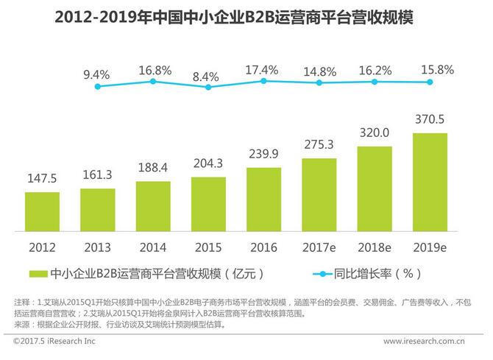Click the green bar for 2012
tap(43, 212)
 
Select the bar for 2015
tap(208, 204)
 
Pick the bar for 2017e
tap(319, 194)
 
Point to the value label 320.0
tap(375, 133)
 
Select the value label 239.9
tap(263, 155)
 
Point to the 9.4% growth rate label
tap(96, 74)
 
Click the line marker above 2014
tap(153, 81)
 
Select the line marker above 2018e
tap(375, 82)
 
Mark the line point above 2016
tap(263, 81)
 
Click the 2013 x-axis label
tap(97, 247)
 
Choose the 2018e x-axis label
tap(375, 247)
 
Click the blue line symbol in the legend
tap(322, 274)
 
